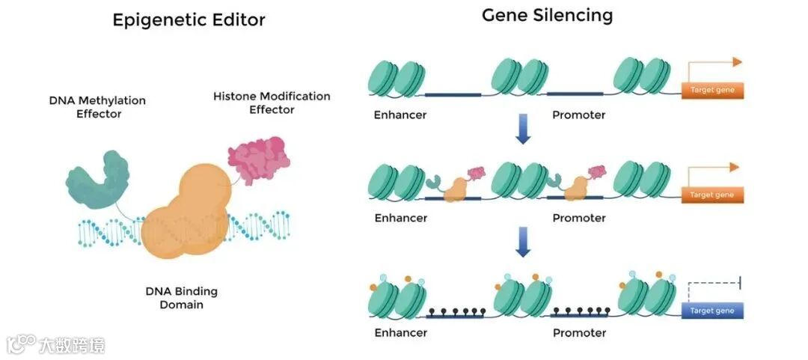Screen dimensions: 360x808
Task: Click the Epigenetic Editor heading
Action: click(189, 19)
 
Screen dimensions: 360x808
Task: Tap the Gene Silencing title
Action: click(547, 15)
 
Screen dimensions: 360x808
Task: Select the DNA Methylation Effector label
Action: click(97, 107)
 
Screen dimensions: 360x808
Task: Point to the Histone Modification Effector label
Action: click(272, 103)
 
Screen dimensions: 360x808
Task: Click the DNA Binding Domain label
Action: click(181, 298)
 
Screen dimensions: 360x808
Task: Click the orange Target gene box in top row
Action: click(711, 91)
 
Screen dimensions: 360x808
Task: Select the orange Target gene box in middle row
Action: click(711, 195)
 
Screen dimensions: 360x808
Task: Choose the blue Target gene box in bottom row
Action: click(711, 311)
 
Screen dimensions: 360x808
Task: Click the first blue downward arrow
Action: click(523, 129)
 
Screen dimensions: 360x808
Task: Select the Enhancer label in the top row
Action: click(400, 115)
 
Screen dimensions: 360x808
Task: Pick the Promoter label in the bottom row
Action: click(579, 332)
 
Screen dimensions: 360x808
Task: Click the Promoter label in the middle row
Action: click(579, 218)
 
